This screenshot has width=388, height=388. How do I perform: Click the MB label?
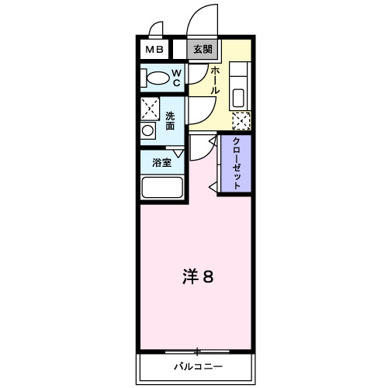coord(151,50)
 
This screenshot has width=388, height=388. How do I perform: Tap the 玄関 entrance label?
coord(202,50)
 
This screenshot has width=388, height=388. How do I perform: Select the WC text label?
coord(176,78)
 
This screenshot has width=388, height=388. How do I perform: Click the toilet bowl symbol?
coord(158,78)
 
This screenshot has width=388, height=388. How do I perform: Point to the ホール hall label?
coord(215,80)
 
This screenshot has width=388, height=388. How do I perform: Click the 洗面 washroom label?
coord(170,120)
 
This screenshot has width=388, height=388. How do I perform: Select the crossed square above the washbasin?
coord(149,108)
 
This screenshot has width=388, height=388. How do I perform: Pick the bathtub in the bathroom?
coord(161,189)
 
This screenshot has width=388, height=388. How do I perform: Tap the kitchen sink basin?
coord(238,99)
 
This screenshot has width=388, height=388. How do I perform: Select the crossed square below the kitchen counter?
coord(242,122)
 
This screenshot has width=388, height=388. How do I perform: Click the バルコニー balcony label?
coord(197,366)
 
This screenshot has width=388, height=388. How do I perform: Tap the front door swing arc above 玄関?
coord(203,19)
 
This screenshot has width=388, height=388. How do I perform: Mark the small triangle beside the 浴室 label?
coord(179,154)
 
